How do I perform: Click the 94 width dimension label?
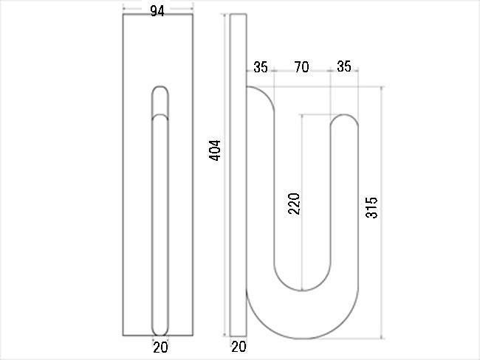(x=157, y=11)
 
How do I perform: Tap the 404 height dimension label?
(x=214, y=150)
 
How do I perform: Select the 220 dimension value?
(x=294, y=204)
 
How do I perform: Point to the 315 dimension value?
(x=371, y=207)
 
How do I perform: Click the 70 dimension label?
(x=301, y=67)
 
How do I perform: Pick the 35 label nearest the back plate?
(x=261, y=67)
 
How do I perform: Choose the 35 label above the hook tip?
(x=344, y=66)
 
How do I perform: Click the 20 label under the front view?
(x=160, y=347)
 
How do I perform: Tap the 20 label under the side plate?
(x=239, y=347)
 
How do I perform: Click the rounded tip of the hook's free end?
(x=344, y=114)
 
